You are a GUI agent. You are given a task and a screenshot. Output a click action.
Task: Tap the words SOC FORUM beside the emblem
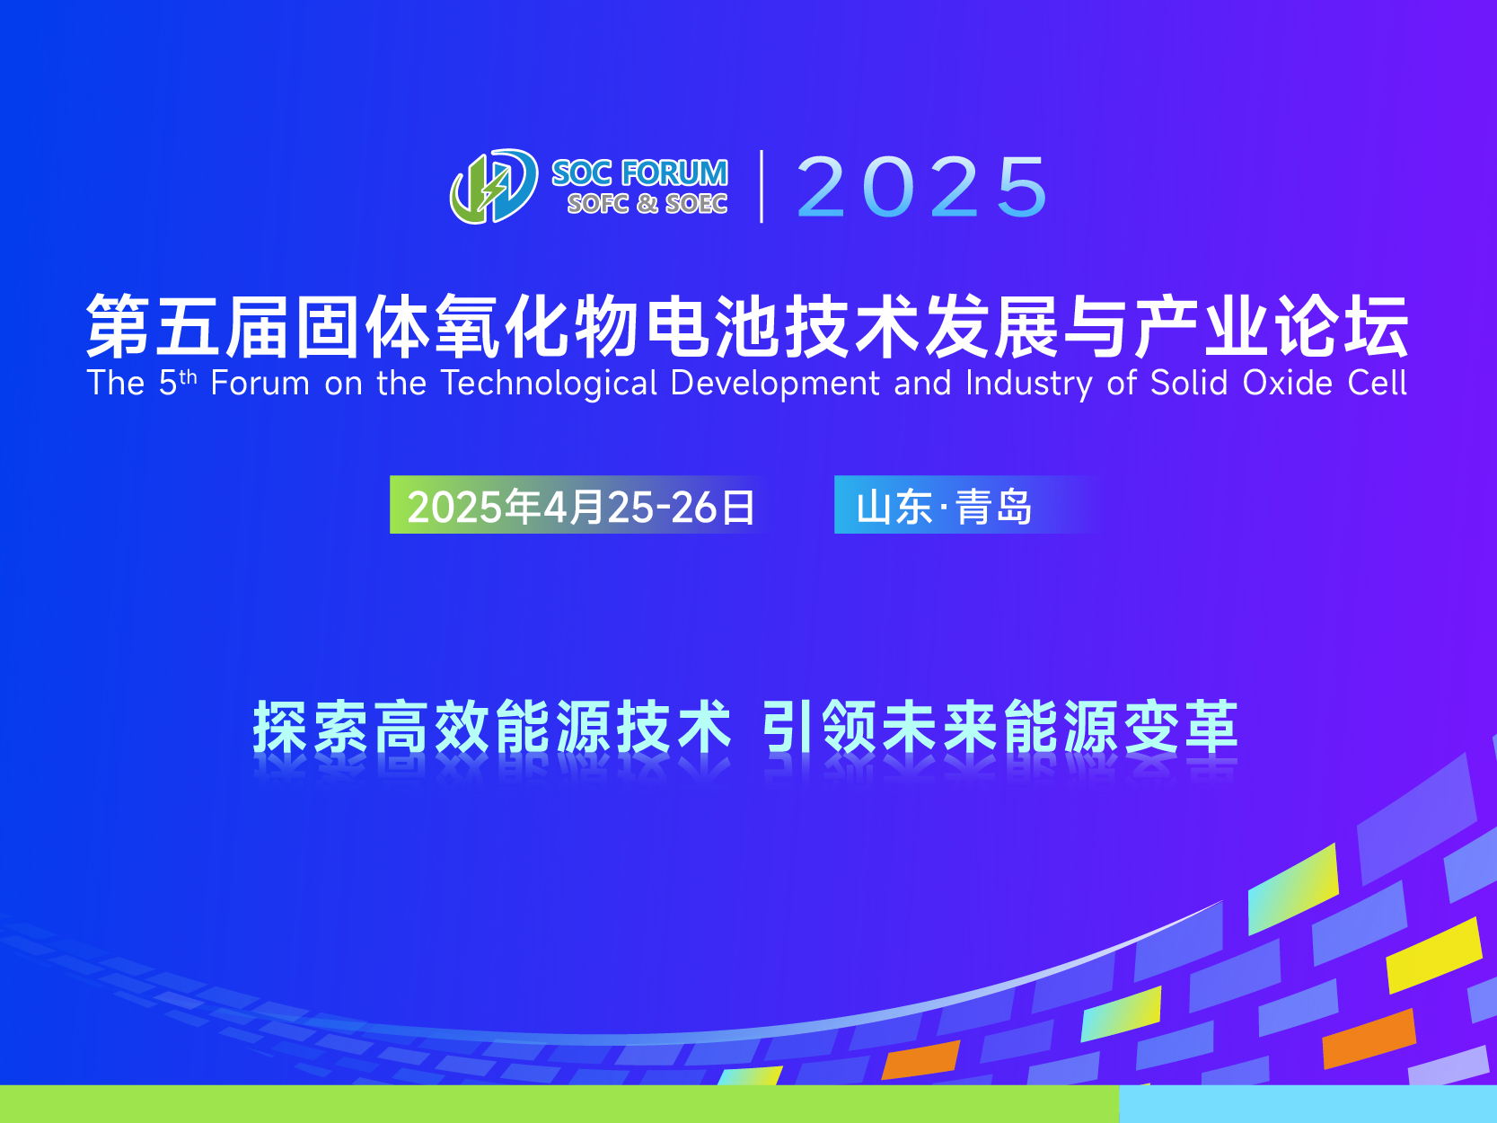tap(639, 173)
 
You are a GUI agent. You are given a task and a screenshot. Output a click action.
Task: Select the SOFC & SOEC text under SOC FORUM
tap(647, 203)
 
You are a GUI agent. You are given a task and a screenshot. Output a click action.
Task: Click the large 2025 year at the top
tap(922, 186)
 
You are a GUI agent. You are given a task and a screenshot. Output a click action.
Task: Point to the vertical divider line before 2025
tap(762, 186)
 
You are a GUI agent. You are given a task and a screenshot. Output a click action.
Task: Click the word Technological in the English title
tap(549, 384)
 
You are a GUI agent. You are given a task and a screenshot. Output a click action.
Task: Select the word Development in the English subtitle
tap(775, 384)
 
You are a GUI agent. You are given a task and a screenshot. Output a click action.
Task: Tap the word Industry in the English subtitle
tap(1029, 384)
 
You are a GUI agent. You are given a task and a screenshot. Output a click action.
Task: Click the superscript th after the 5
tap(189, 376)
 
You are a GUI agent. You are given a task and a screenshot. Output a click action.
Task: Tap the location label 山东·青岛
tap(944, 507)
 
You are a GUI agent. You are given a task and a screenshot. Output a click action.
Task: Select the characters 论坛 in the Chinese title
tap(1343, 326)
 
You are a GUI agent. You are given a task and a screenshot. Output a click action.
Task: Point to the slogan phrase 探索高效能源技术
tap(492, 726)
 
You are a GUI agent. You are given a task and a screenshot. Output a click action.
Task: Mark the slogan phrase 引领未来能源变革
tap(999, 726)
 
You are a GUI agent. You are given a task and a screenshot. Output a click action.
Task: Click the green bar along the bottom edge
tap(559, 1104)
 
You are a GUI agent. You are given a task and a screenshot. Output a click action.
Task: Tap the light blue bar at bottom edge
tap(1308, 1104)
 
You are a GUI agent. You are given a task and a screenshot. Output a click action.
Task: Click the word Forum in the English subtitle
tap(260, 384)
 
